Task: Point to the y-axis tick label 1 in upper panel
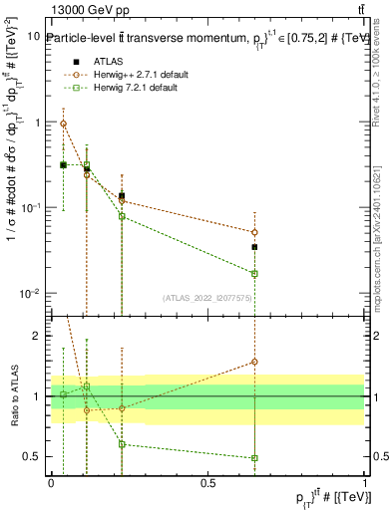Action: [36, 123]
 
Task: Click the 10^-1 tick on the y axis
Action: [31, 208]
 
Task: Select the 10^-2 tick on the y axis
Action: [31, 294]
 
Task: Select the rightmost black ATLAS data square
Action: [254, 246]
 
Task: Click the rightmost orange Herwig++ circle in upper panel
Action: [254, 232]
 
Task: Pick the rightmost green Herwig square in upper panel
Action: [254, 273]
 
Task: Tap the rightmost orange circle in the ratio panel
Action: [254, 362]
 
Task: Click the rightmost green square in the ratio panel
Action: [254, 458]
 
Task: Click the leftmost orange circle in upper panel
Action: [64, 125]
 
